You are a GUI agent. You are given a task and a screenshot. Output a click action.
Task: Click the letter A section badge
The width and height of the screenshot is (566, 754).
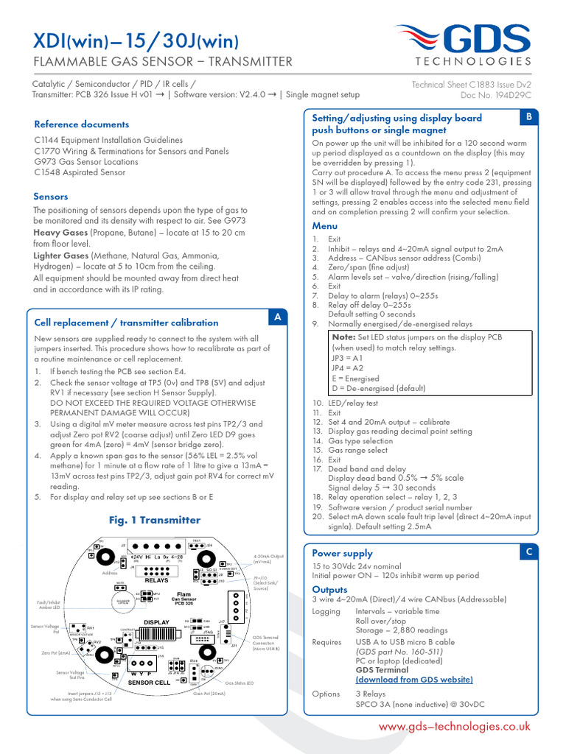click(278, 317)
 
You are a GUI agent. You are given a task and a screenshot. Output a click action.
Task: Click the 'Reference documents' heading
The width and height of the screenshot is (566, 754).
click(81, 124)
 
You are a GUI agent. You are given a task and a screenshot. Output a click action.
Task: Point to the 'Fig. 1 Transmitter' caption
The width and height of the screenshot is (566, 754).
click(154, 520)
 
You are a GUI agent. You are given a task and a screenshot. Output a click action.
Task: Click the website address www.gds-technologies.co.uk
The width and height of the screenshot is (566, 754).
click(454, 726)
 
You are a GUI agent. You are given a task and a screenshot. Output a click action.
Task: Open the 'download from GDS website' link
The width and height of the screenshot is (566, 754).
click(414, 680)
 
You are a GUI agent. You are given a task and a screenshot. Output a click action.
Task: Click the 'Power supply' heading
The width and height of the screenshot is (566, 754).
click(342, 553)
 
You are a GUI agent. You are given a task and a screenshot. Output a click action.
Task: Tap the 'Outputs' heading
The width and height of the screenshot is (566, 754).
click(329, 589)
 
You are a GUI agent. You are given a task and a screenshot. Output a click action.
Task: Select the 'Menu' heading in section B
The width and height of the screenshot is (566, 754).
click(324, 226)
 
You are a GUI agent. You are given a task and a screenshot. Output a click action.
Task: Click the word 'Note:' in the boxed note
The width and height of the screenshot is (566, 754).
click(343, 337)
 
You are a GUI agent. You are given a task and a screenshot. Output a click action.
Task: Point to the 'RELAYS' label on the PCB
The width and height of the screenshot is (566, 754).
click(156, 580)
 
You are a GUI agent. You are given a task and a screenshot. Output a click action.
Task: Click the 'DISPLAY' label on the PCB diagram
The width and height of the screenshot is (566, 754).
click(156, 623)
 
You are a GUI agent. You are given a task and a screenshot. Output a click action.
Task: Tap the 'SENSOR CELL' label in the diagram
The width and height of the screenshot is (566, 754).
click(150, 683)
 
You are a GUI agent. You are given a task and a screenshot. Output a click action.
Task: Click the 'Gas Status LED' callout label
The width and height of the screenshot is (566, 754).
click(240, 683)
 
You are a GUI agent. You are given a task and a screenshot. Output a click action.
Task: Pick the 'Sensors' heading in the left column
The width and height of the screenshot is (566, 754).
click(51, 197)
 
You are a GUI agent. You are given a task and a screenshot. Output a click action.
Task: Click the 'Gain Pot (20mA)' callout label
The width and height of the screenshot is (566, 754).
click(209, 694)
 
